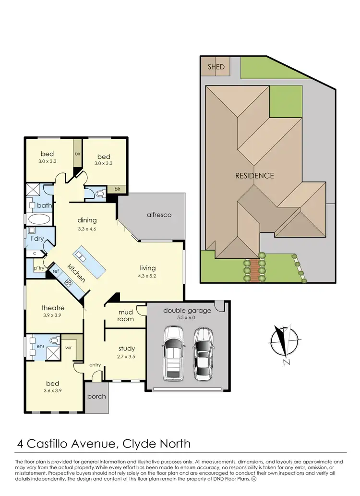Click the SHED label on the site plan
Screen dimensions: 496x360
(x=216, y=67)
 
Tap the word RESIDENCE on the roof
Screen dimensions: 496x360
(x=254, y=175)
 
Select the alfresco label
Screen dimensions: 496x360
(x=159, y=215)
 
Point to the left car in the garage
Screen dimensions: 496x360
(x=173, y=353)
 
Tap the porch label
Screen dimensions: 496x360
(x=97, y=396)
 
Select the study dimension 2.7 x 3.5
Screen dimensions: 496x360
(x=127, y=357)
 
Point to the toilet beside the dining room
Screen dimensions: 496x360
(x=100, y=194)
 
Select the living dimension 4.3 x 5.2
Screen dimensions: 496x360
(x=148, y=276)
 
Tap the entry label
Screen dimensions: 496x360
(x=95, y=365)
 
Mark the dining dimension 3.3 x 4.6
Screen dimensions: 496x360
(x=87, y=229)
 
